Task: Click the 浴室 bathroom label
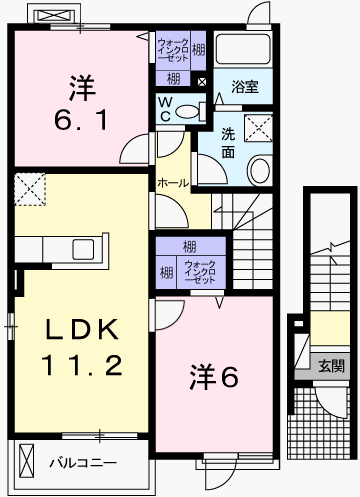(245, 87)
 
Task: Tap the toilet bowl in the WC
(187, 112)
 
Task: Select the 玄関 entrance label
(331, 366)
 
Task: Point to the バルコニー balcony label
(83, 463)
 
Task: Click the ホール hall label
(173, 183)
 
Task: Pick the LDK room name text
(82, 329)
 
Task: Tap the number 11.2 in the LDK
(82, 365)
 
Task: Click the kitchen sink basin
(83, 249)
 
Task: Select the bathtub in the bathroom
(243, 49)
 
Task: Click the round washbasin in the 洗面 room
(260, 170)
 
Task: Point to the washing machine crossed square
(258, 128)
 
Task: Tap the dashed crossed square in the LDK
(30, 189)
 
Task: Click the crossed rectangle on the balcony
(26, 462)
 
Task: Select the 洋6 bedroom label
(214, 377)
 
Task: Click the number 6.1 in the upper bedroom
(82, 120)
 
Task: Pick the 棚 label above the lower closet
(190, 247)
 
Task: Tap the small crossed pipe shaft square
(202, 82)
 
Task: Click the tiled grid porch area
(319, 423)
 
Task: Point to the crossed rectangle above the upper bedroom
(55, 15)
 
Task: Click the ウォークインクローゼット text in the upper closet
(173, 50)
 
